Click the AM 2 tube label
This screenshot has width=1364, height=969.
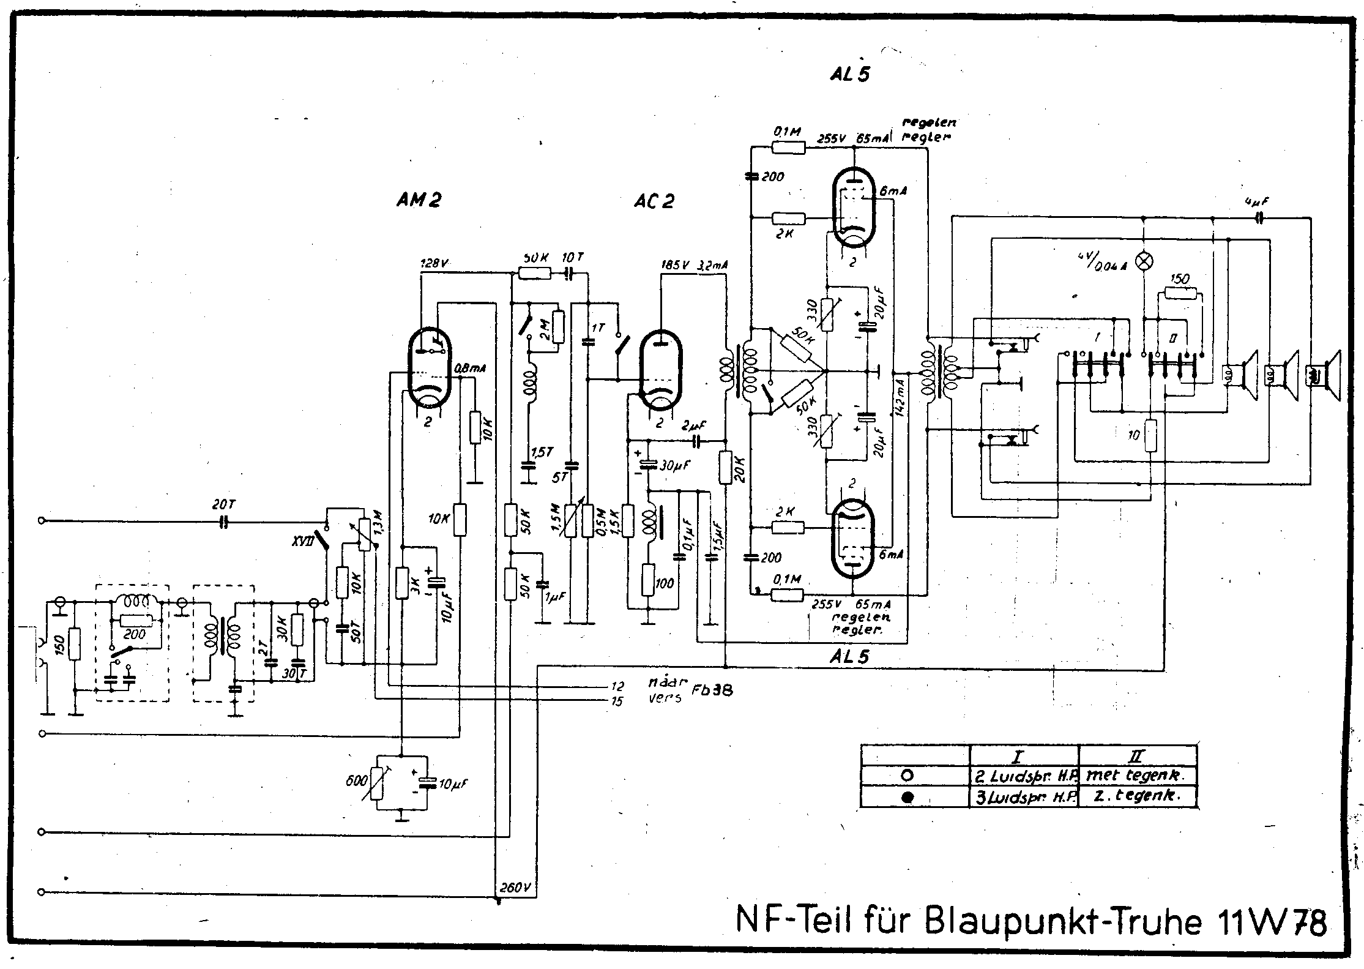[419, 200]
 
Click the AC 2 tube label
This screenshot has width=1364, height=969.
[654, 201]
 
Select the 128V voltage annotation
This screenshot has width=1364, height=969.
[434, 264]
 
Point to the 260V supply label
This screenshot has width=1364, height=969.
[515, 887]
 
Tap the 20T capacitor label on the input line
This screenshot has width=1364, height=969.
[223, 505]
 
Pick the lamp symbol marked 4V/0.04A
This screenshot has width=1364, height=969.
[1143, 261]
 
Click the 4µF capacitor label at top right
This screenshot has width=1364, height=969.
[1258, 200]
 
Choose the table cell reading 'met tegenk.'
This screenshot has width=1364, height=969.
[1136, 775]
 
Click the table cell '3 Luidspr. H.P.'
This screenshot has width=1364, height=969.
[1025, 797]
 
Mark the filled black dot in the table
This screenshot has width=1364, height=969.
[909, 797]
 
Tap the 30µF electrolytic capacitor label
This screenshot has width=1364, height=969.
[674, 465]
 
